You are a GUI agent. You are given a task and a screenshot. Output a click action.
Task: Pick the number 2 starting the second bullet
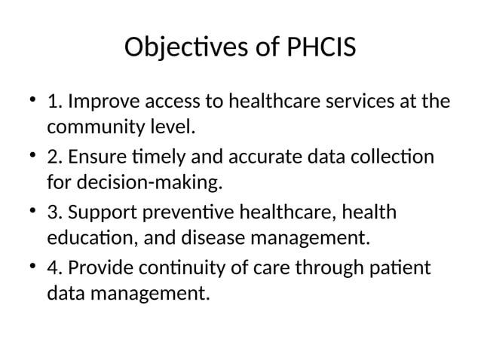(x=53, y=158)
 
